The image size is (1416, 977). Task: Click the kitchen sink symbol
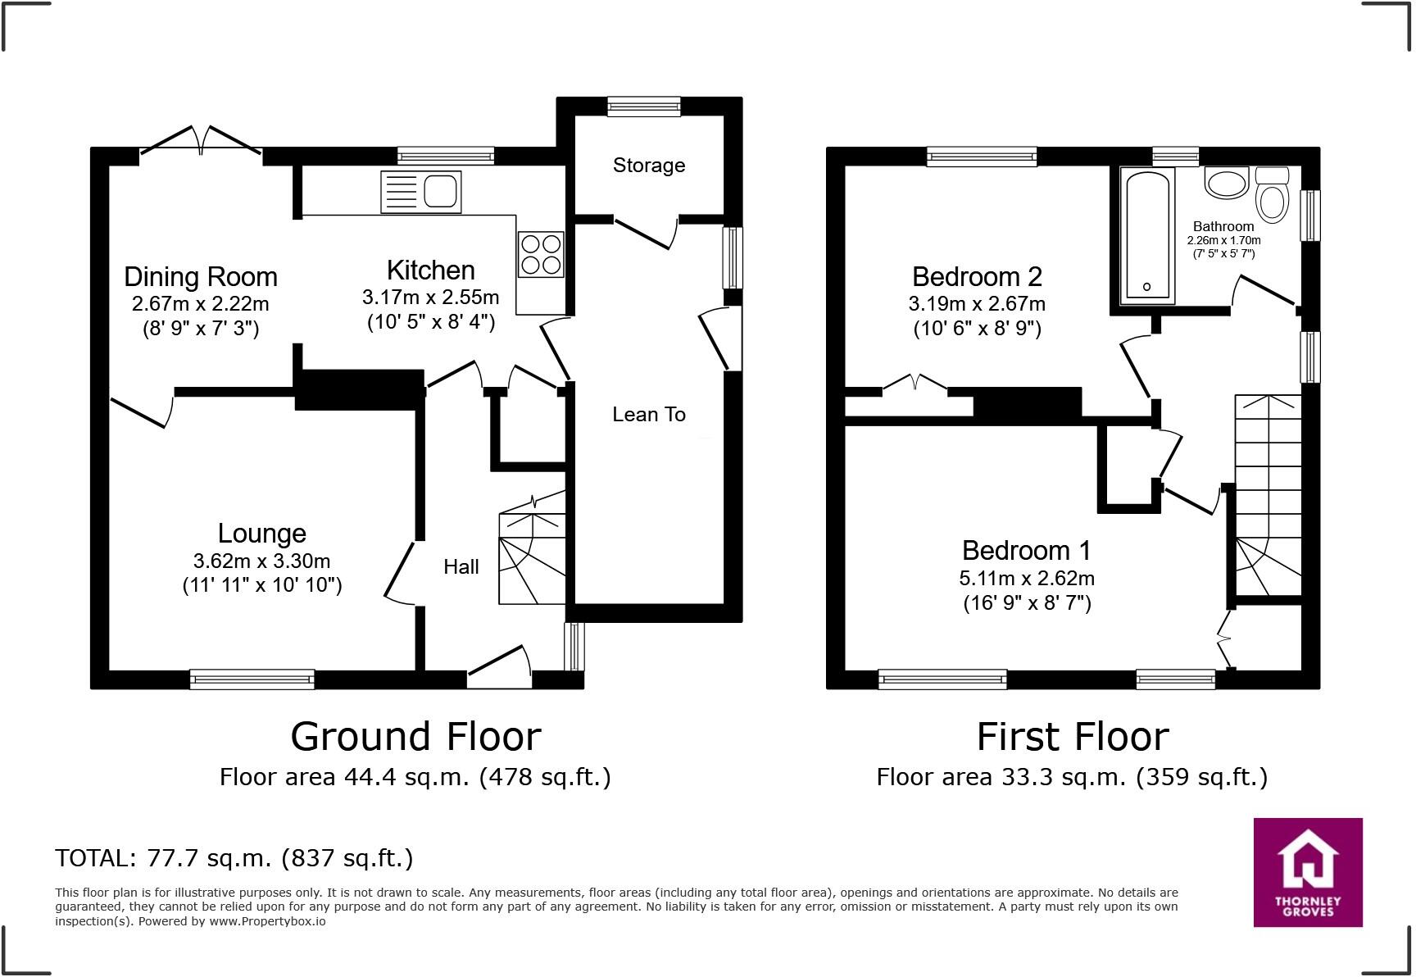[420, 192]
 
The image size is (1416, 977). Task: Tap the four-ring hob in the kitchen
[541, 254]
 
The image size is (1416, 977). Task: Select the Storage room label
[648, 166]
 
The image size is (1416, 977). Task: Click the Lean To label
[648, 415]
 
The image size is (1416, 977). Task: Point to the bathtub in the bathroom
[1146, 235]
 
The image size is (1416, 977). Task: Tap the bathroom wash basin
[1226, 183]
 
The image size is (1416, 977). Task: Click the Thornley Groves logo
[1308, 872]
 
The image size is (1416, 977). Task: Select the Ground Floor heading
[415, 736]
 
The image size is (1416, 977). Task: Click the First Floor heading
[1072, 736]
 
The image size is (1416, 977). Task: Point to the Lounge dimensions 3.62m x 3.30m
[261, 561]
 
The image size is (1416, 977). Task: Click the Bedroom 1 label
[1026, 550]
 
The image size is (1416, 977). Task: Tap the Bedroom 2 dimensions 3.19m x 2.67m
[977, 304]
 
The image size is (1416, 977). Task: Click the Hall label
[461, 566]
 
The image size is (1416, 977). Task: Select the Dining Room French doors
[201, 141]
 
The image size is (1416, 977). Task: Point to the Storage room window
[644, 106]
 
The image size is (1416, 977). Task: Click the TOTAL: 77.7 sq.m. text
[234, 858]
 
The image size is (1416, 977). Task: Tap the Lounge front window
[252, 679]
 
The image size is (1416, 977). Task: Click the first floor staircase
[1268, 492]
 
